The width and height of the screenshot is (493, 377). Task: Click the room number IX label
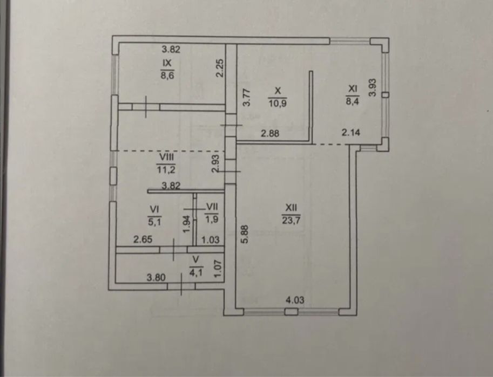pos(167,63)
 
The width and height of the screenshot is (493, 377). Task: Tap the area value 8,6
pos(167,76)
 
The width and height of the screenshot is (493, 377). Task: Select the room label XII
pos(291,208)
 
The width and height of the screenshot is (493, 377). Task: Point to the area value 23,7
pos(291,220)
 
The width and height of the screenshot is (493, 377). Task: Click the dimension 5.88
pos(246,233)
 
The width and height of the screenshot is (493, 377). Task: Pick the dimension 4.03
pos(295,300)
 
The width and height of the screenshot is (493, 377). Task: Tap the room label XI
pos(353,89)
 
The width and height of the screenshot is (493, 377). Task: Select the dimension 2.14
pos(350,133)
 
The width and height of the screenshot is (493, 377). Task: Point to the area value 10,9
pos(278,103)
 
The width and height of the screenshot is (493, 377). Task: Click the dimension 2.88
pos(270,133)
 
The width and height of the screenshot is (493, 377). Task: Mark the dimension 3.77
pos(247,97)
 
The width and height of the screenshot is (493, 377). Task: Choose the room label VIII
pos(167,157)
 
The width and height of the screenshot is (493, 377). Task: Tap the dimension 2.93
pos(215,163)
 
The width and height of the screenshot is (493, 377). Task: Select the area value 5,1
pos(154,222)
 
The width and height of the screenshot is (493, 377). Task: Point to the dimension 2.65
pos(143,239)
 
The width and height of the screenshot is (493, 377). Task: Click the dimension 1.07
pos(218,268)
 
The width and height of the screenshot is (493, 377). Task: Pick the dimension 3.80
pos(156,277)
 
